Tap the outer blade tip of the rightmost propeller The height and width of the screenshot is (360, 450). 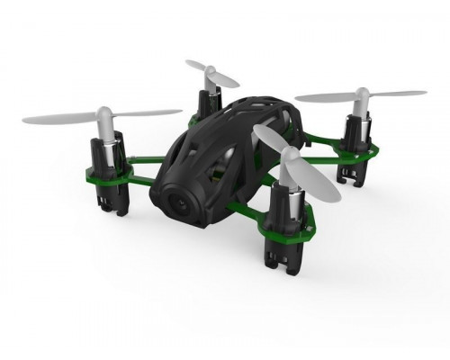[x=423, y=91]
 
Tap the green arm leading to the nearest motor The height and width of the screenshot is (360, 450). [x=252, y=207]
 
